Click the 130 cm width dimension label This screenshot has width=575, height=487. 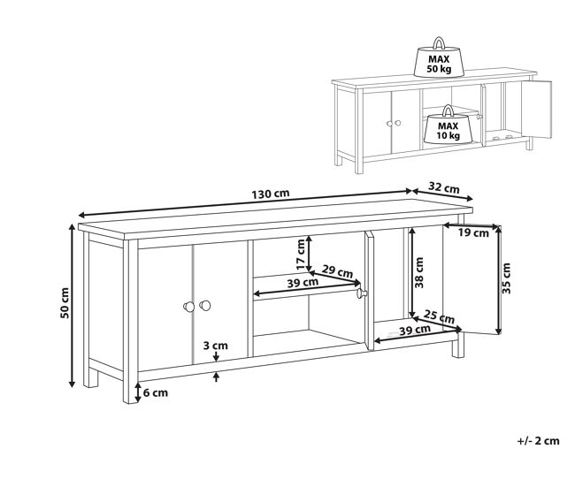click(271, 193)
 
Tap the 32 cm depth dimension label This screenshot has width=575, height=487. click(444, 188)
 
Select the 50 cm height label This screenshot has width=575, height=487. click(65, 303)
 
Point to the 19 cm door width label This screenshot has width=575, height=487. click(474, 232)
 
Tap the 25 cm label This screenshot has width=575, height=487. click(440, 316)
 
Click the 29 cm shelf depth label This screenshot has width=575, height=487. click(337, 271)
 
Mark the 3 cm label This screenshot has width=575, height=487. click(215, 346)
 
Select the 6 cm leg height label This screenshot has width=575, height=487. click(156, 392)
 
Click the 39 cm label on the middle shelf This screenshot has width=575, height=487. click(303, 282)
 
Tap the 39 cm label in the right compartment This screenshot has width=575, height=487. click(415, 330)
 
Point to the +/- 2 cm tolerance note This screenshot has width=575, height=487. click(539, 440)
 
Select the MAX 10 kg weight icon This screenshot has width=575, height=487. click(448, 125)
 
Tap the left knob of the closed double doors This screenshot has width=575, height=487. click(188, 307)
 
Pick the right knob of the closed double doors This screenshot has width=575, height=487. click(205, 305)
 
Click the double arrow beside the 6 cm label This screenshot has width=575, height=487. click(137, 392)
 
